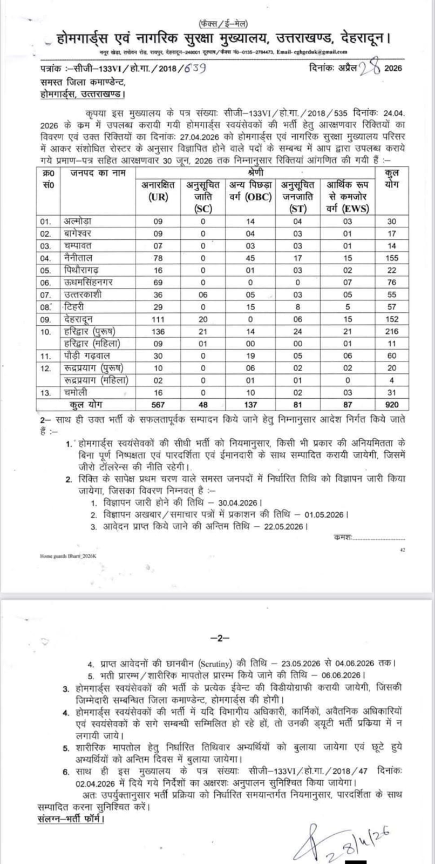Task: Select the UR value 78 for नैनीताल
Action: pyautogui.click(x=156, y=258)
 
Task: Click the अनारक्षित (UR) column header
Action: pyautogui.click(x=156, y=191)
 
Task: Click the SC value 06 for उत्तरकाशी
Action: pyautogui.click(x=203, y=294)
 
